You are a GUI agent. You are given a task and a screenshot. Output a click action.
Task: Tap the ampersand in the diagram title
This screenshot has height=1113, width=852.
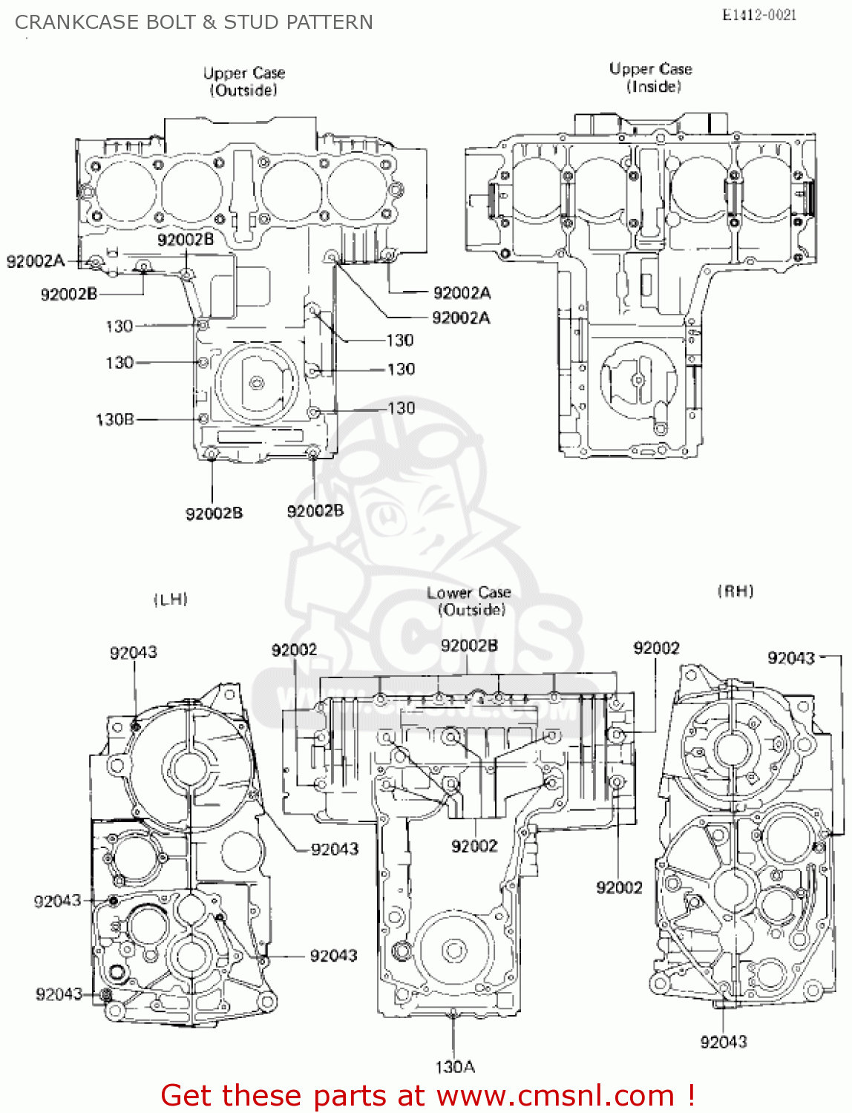pos(209,22)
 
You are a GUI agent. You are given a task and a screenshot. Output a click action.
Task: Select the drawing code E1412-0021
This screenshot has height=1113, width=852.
pos(759,15)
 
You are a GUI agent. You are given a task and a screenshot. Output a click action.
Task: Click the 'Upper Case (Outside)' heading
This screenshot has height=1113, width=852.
pos(244,82)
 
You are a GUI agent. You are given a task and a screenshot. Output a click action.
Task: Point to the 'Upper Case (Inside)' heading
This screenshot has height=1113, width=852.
pos(651,77)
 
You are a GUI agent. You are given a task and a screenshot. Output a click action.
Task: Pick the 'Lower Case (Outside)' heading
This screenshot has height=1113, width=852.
pos(469,601)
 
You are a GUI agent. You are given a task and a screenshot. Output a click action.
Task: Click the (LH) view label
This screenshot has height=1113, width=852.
pos(171,600)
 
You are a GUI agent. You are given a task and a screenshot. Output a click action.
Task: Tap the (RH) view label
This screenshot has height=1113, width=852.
pos(735,591)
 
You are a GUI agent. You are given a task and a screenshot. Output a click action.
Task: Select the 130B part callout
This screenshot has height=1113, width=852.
pos(115,420)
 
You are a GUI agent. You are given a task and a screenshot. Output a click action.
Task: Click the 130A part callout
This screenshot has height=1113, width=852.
pos(454,1067)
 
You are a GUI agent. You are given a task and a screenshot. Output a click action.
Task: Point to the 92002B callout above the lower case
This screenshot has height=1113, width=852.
pos(469,646)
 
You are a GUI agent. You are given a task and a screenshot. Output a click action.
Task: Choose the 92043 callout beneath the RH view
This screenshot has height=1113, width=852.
pos(724,1042)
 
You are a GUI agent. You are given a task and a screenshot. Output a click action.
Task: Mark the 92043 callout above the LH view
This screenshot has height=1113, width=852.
pos(134,653)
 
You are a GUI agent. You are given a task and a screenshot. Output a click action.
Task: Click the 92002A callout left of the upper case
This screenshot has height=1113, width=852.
pos(36,261)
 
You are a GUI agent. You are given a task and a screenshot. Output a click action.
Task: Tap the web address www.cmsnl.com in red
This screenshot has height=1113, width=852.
pos(555,1096)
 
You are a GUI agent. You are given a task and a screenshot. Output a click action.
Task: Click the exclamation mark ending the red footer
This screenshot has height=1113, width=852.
pos(690,1096)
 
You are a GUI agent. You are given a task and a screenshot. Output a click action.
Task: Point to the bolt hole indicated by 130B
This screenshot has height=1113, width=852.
pos(203,419)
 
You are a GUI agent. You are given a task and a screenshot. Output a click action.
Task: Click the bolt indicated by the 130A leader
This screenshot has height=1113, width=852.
pos(453,1013)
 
